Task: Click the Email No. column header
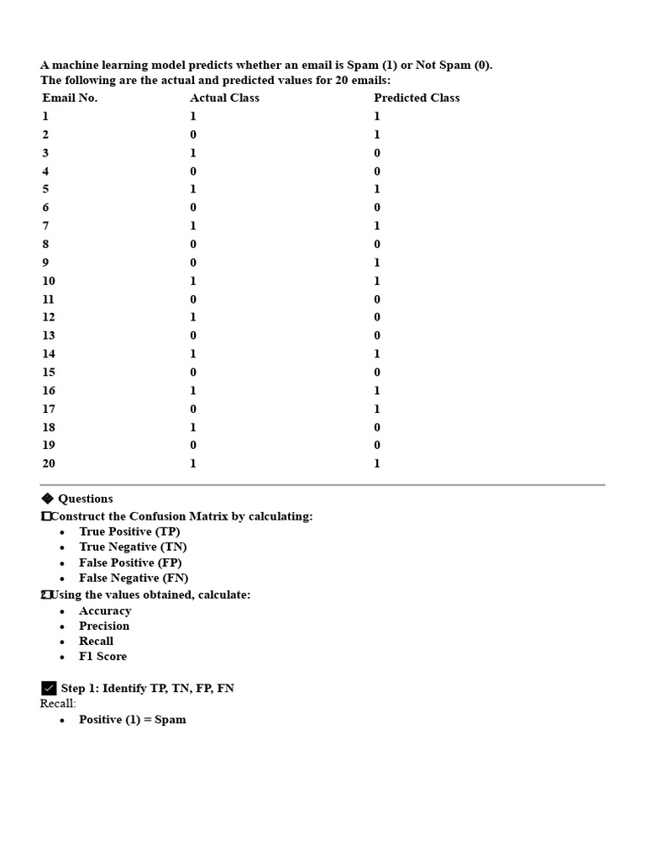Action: pos(70,98)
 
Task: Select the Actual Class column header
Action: pos(224,98)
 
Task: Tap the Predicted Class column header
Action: pos(417,98)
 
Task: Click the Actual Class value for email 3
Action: pos(193,153)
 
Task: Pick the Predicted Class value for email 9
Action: pos(377,262)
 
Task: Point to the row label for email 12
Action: pos(49,317)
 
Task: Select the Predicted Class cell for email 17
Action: pos(377,409)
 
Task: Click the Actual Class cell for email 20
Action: pos(193,463)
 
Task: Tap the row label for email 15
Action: pos(49,372)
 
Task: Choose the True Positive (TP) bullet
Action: pos(129,531)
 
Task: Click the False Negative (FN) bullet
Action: pos(134,578)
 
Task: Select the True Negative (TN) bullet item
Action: pos(133,547)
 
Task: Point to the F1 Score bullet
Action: pos(102,656)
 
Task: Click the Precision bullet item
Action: pos(104,626)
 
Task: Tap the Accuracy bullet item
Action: pos(105,610)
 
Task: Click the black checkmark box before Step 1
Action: pos(49,689)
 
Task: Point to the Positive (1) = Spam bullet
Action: pos(133,720)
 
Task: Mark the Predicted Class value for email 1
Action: pos(377,116)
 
